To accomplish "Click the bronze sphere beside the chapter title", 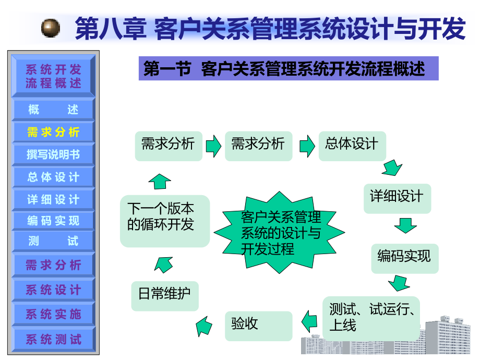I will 51,27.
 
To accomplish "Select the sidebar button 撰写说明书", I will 53,154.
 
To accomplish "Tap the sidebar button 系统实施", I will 53,314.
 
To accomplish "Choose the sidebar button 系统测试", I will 53,339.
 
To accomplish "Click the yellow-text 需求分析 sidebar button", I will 53,132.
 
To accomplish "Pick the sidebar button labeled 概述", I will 53,110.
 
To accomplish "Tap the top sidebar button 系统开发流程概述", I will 53,76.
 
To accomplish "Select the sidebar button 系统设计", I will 53,290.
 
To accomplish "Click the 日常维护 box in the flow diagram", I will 164,294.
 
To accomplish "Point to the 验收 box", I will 258,325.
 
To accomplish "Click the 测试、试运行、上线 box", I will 371,317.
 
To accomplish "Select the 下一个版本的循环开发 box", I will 164,220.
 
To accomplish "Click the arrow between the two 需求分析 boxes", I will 213,146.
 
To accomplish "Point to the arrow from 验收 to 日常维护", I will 205,327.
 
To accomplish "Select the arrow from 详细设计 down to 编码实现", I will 405,226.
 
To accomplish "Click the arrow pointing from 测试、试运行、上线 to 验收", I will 309,320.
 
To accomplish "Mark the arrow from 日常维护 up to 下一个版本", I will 163,263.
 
